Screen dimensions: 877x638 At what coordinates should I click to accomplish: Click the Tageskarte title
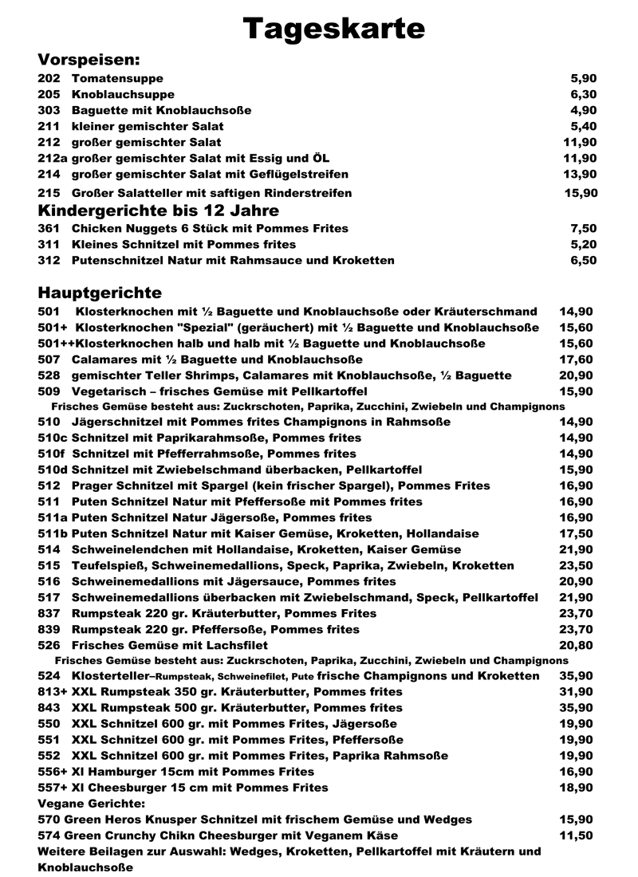333,29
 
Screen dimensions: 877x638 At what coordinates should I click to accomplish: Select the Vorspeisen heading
89,60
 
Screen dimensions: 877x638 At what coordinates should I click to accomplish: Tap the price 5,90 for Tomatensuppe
584,79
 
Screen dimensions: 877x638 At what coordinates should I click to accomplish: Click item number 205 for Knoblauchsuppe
49,95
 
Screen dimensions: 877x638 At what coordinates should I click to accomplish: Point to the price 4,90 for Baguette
584,111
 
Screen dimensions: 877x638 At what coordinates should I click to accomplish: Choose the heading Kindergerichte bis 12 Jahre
159,211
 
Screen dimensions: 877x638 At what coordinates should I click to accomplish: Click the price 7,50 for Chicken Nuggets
584,229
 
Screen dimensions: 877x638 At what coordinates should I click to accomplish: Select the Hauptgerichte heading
100,293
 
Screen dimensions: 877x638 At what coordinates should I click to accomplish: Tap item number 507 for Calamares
49,360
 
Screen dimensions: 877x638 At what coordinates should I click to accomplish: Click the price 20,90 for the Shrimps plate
577,376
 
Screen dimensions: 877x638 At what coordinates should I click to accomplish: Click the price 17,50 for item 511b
577,533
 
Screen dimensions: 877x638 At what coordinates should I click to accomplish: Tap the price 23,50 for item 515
577,565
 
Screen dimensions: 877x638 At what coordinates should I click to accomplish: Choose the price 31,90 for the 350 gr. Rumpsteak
577,691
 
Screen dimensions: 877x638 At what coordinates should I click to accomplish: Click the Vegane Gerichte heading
91,804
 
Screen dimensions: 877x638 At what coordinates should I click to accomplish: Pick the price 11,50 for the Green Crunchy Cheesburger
577,836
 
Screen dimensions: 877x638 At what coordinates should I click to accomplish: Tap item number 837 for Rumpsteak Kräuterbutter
49,613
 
